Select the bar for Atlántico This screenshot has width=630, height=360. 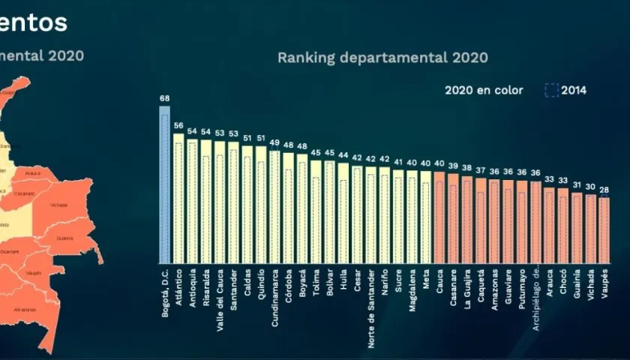coord(178,198)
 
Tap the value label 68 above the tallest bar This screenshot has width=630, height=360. coord(165,98)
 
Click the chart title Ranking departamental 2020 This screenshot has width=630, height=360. coord(382,57)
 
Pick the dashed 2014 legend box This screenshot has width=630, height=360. coord(551,90)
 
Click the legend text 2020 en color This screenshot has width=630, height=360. coord(484,90)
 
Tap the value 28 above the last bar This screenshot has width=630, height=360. coord(604,190)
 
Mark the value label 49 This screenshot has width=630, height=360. coord(275,143)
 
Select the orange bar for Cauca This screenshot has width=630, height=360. coord(439,217)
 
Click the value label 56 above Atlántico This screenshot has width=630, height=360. coord(178,126)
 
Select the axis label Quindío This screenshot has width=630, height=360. coord(261,284)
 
